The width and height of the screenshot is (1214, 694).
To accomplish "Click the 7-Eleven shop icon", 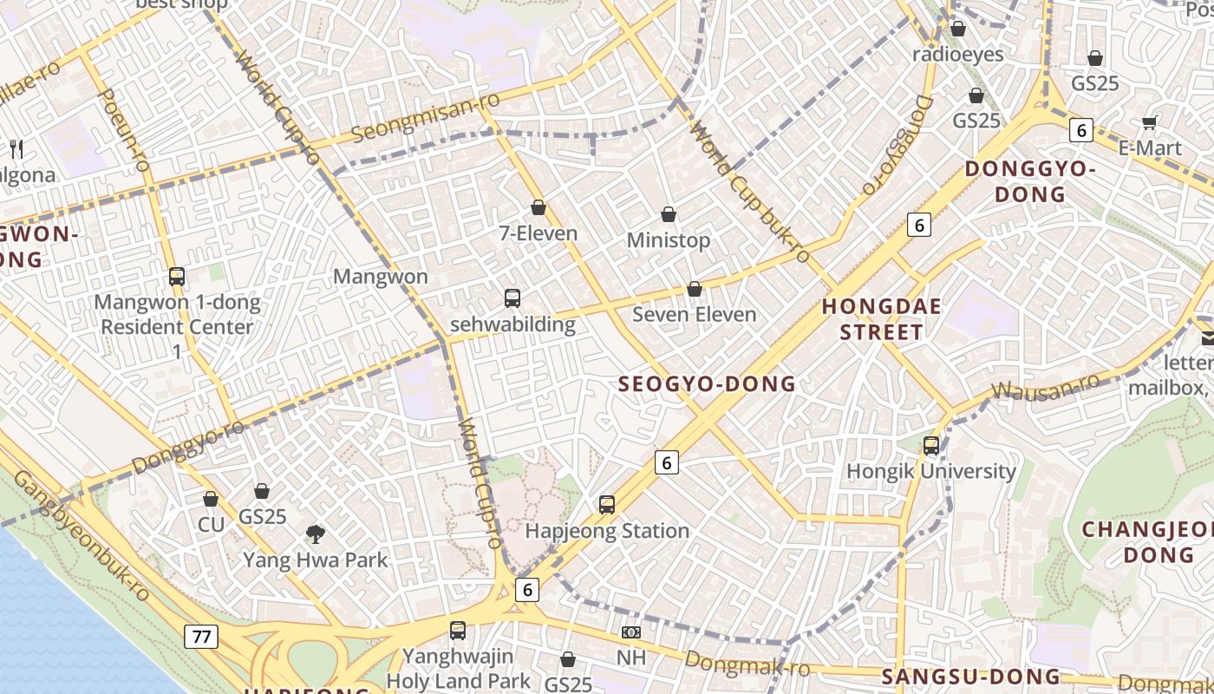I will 538,208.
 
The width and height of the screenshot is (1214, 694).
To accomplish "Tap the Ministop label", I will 669,240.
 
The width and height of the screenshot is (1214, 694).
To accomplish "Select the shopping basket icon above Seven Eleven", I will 695,289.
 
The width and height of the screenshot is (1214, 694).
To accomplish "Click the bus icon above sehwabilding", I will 512,298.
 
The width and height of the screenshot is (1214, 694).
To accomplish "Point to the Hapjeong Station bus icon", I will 607,505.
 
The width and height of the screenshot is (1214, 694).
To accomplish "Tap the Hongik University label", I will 931,471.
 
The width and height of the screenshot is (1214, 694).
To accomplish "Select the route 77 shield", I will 201,637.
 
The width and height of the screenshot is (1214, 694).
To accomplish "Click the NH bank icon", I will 631,633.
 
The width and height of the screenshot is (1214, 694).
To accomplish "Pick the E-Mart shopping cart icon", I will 1150,122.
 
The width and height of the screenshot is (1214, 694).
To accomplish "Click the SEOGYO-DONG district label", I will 706,384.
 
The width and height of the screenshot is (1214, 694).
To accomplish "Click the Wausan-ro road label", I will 1045,386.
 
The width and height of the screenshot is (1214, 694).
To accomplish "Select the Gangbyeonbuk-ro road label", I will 82,537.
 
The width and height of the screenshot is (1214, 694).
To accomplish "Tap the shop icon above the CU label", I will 211,500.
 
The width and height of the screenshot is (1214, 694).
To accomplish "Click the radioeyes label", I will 958,55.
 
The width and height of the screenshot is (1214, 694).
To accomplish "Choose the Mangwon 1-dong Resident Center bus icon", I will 177,278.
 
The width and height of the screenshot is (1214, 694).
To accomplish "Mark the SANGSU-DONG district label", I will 970,678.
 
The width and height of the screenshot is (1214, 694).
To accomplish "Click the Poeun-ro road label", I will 126,130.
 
